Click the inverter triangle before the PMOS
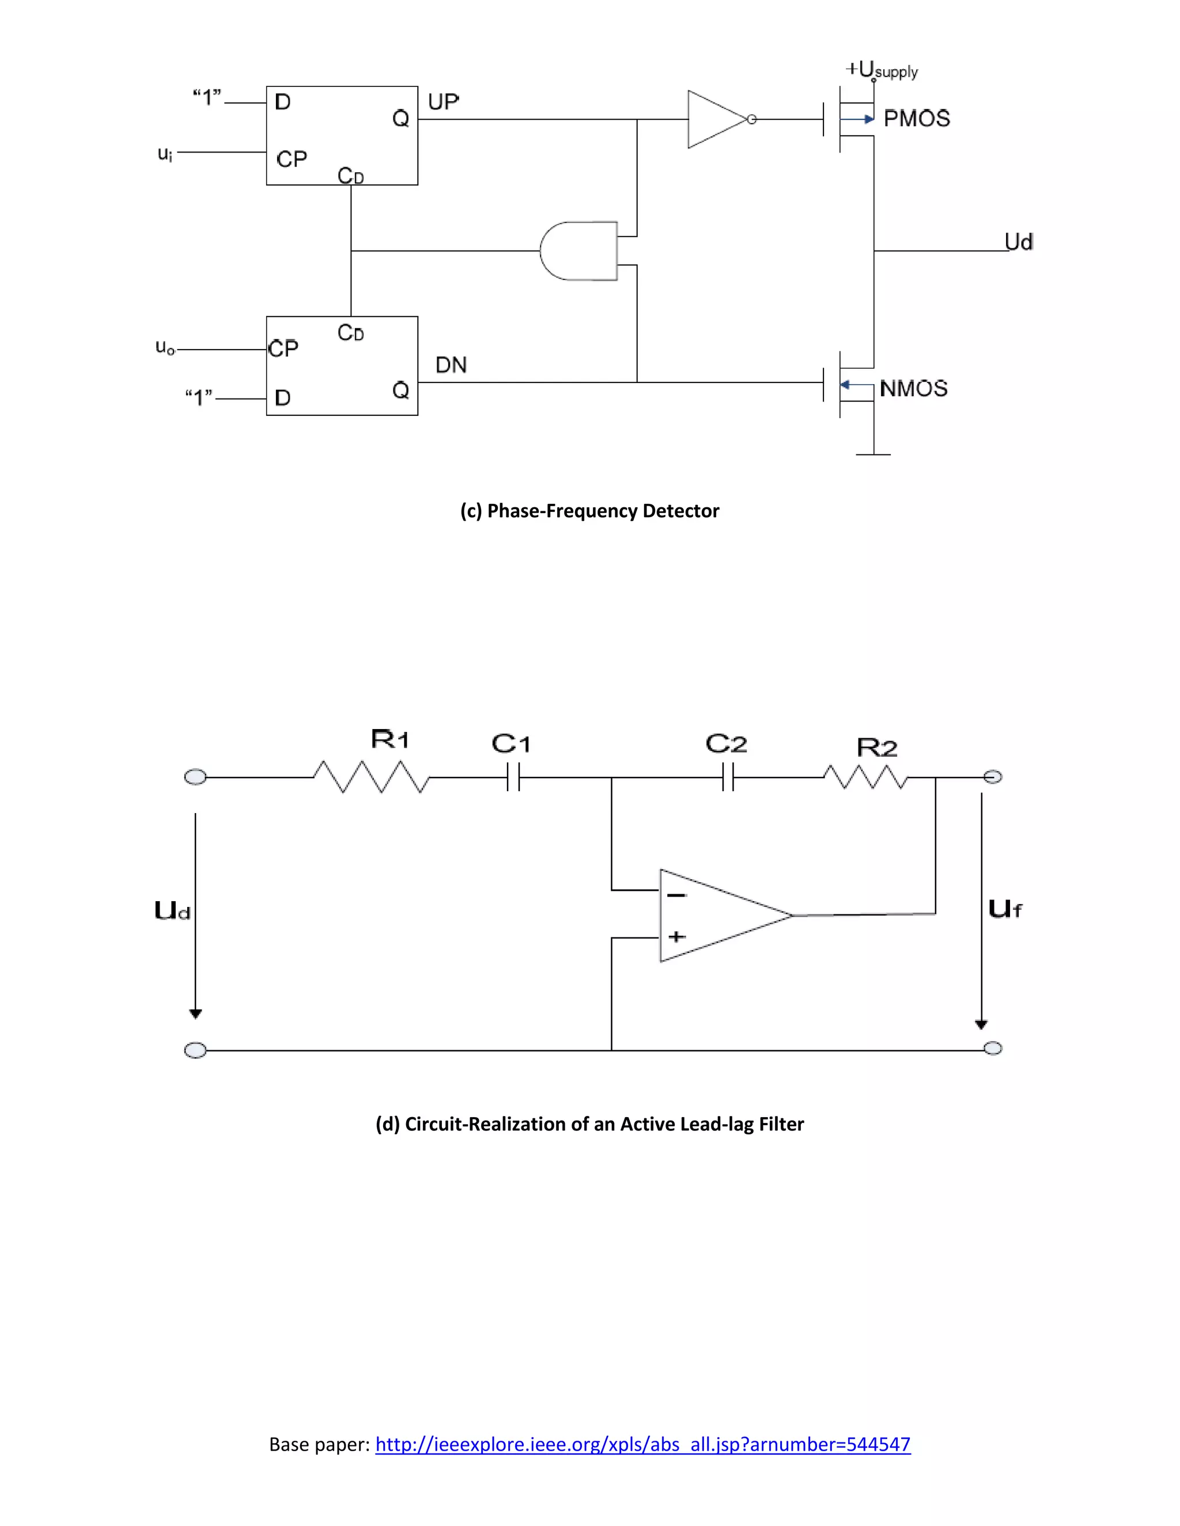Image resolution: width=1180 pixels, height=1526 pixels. tap(714, 119)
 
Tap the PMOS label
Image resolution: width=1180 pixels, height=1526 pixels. tap(917, 119)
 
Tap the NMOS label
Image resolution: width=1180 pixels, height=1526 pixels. tap(913, 389)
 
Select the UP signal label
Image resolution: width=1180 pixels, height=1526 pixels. tap(443, 102)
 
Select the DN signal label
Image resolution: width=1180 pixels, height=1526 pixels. tap(451, 365)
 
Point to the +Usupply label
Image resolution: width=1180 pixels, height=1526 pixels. tap(881, 70)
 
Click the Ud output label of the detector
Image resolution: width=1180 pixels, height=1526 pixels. tap(1019, 242)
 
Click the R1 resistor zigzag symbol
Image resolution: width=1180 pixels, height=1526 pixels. tap(370, 777)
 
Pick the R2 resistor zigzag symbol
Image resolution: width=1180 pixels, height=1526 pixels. tap(865, 777)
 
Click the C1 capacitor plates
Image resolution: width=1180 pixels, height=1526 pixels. tap(513, 777)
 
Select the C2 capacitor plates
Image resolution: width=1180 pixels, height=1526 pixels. tap(728, 777)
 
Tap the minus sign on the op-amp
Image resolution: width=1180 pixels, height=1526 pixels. tap(676, 895)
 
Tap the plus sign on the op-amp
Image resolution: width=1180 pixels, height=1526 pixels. tap(676, 936)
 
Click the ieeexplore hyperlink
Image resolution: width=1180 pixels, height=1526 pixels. tap(642, 1444)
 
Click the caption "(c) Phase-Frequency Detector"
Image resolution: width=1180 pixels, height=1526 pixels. tap(589, 511)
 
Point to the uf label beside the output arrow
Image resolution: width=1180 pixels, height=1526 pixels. tap(1004, 908)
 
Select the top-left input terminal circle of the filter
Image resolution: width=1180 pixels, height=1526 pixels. tap(195, 777)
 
